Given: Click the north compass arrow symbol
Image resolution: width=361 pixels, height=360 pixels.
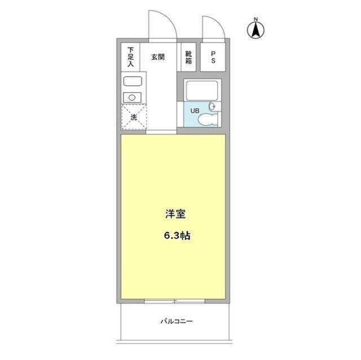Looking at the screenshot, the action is click(x=256, y=30).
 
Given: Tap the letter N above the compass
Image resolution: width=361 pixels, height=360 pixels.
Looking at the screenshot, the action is click(x=256, y=19).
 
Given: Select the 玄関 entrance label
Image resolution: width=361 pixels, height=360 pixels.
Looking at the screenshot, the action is click(x=158, y=57).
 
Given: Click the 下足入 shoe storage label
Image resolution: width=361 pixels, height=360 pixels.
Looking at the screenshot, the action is click(x=130, y=57).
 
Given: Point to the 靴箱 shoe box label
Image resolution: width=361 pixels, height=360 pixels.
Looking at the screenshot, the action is click(x=188, y=57).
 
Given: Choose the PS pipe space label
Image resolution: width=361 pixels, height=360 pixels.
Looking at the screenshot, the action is click(x=213, y=57).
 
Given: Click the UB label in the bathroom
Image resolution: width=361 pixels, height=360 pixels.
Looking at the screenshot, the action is click(x=195, y=111).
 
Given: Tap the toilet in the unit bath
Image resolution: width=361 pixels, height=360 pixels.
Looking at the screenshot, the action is click(x=208, y=119).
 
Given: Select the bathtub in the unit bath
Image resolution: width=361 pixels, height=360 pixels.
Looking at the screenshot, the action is click(x=202, y=90).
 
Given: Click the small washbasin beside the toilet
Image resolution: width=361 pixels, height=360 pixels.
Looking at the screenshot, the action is click(x=213, y=106).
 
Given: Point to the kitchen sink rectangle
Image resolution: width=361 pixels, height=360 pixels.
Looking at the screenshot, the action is click(x=133, y=81).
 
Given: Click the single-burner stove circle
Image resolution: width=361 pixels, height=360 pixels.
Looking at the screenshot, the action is click(x=132, y=97).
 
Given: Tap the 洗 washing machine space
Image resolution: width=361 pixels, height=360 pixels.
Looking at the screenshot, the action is click(x=134, y=117).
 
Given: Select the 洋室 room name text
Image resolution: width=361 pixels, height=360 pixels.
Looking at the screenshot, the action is click(x=175, y=214).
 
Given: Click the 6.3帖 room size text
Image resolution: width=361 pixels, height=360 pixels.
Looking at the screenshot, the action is click(x=177, y=235).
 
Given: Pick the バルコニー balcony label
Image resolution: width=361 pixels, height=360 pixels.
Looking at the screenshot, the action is click(x=177, y=321).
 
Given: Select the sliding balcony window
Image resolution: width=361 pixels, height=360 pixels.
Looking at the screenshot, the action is click(x=174, y=301).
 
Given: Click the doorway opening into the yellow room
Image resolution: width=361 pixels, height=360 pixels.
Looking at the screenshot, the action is click(x=161, y=132).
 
